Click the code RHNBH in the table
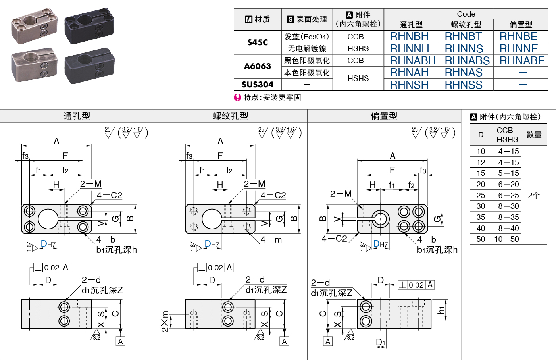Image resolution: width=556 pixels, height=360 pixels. pos(409,37)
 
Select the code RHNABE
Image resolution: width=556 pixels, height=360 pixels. pos(522,61)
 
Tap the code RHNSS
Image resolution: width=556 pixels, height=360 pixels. pos(464,85)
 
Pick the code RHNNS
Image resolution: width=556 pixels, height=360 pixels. pos(464,49)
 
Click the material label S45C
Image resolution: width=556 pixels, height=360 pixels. pos(258,42)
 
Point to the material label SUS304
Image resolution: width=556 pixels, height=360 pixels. pos(258,85)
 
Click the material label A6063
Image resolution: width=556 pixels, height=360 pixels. pos(258,66)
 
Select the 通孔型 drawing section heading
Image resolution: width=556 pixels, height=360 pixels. pos(77,116)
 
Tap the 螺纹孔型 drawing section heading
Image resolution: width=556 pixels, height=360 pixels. pos(231,116)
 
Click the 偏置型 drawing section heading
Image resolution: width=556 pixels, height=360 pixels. pos(384,116)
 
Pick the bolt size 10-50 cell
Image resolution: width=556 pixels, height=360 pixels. pos(507,239)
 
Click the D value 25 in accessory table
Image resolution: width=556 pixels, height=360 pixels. pos(481,195)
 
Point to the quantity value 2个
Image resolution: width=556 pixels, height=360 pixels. pos(534,195)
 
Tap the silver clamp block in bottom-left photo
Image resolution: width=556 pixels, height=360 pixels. pos(34,65)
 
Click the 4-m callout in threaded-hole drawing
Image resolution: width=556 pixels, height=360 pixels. pos(271,240)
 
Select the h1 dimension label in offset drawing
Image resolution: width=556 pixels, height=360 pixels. pos(441,310)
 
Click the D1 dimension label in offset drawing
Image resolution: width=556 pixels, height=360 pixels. pos(380,342)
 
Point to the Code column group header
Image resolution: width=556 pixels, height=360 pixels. pos(466,14)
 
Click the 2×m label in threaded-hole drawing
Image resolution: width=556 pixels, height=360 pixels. pos(165,321)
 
